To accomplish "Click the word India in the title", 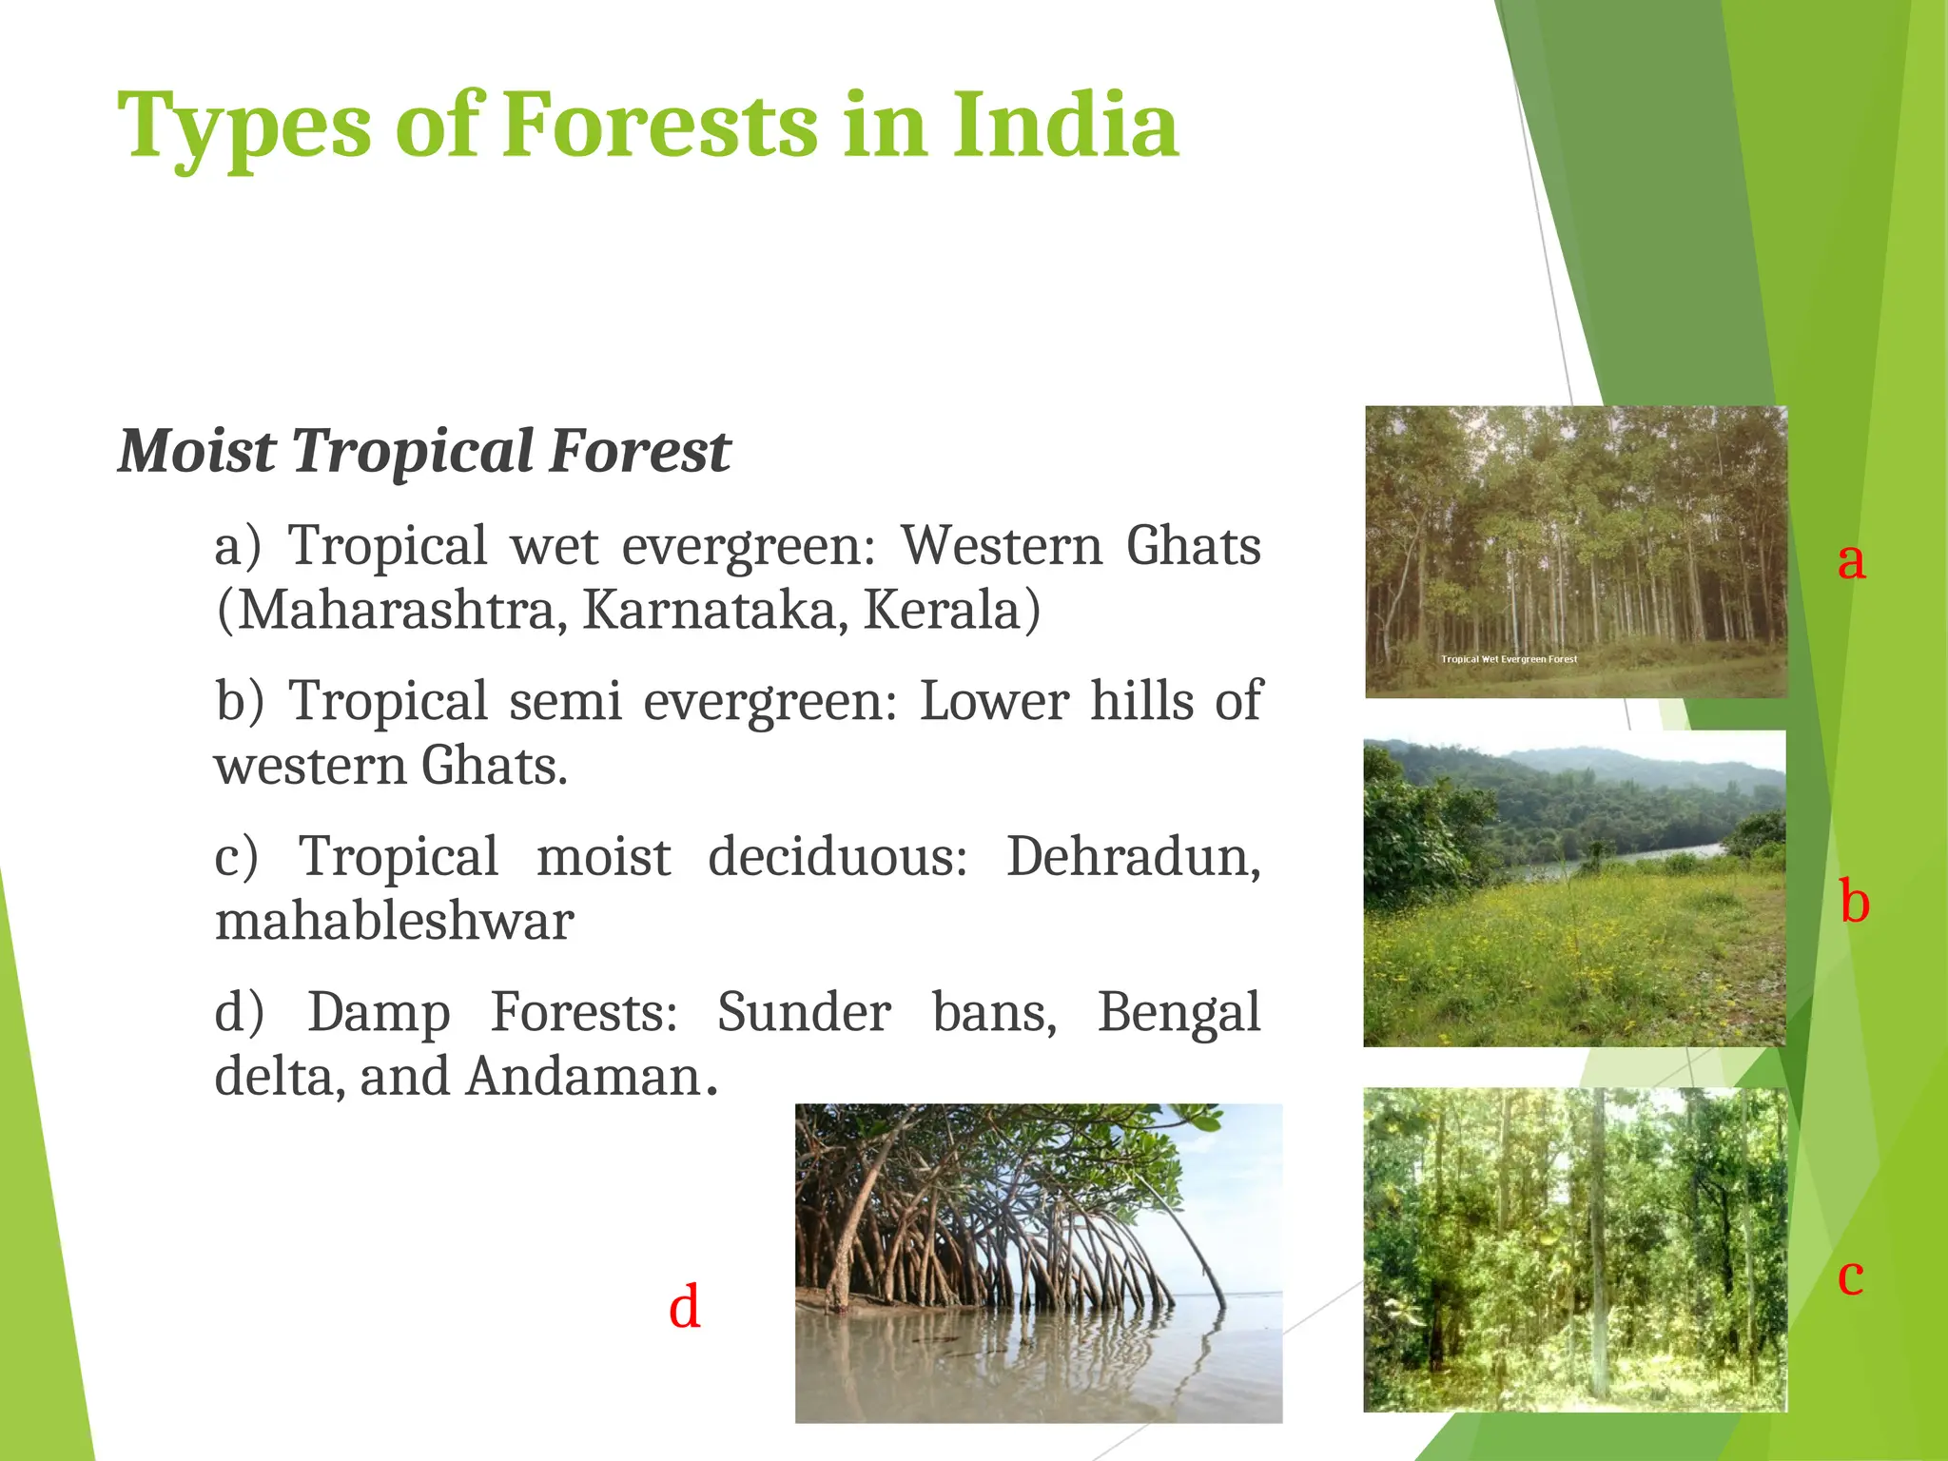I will pos(1065,126).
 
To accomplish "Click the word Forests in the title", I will pos(658,126).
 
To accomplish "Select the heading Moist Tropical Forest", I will pos(424,450).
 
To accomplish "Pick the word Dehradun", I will pos(1132,856).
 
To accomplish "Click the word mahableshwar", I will pos(394,921).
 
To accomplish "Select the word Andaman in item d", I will pos(584,1077).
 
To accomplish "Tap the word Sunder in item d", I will pos(804,1011).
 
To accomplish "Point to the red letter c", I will pos(1850,1275).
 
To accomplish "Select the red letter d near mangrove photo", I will pos(685,1307).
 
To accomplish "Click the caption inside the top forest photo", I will pos(1509,659).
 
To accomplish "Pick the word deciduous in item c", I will pos(837,856).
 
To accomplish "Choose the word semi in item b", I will pos(565,701).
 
